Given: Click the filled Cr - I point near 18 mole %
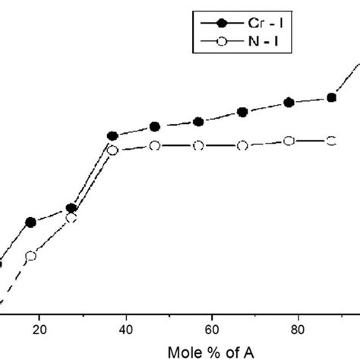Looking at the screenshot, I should (x=31, y=223).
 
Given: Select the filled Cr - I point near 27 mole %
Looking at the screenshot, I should (x=71, y=208).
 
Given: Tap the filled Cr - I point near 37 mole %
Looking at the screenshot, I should (x=112, y=136).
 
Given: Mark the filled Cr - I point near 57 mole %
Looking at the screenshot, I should (x=198, y=122).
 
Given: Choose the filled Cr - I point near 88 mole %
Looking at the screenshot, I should (x=331, y=97).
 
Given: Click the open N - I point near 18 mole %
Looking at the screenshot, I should (x=31, y=257).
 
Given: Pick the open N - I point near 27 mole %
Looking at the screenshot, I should (x=71, y=218).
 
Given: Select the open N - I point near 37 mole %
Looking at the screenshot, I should (x=112, y=150).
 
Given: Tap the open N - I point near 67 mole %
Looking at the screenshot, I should (x=242, y=145).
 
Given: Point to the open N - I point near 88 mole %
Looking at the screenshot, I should (x=331, y=141).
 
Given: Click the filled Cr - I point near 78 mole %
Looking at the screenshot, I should (x=289, y=103).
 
